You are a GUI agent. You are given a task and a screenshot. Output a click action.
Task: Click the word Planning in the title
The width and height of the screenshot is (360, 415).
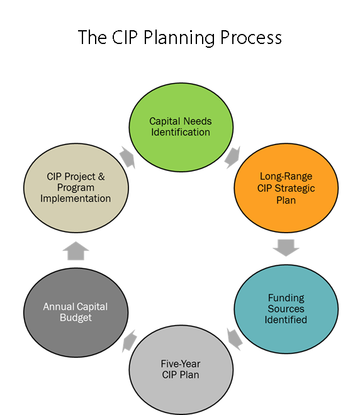click(x=179, y=38)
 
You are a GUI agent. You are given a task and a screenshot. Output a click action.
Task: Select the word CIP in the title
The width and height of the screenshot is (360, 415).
click(x=125, y=37)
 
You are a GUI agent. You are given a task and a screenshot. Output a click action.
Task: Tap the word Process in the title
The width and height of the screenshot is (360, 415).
click(x=251, y=37)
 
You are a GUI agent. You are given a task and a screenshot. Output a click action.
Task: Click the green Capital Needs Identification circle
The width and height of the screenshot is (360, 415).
click(x=181, y=127)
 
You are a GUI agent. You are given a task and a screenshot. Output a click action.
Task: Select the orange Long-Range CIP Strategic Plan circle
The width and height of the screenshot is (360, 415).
click(x=286, y=188)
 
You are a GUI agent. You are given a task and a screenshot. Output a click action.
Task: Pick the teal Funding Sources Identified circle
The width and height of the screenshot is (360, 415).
click(x=286, y=309)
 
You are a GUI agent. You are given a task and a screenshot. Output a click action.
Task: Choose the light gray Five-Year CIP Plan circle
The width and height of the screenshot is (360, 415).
click(x=181, y=370)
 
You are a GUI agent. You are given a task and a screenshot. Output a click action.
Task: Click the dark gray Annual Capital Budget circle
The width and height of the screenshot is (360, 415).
click(x=76, y=313)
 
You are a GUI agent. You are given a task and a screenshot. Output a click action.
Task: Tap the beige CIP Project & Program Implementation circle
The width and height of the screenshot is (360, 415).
click(x=76, y=188)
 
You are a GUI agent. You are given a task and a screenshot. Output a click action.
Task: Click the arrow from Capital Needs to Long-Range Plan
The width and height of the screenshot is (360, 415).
click(x=233, y=157)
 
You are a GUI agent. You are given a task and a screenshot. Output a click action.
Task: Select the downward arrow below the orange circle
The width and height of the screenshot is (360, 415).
click(x=286, y=248)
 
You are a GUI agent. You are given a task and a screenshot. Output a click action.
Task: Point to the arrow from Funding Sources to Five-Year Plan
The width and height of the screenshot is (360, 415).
click(x=235, y=340)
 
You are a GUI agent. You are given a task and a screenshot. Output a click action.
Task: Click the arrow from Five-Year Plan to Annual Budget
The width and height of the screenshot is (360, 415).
click(x=130, y=341)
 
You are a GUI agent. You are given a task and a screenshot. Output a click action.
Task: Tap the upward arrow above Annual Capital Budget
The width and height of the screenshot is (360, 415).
click(x=76, y=251)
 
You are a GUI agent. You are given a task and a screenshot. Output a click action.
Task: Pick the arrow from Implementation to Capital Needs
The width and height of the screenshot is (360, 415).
click(x=127, y=157)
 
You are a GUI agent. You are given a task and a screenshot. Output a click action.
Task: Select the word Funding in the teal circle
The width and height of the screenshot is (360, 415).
click(x=286, y=298)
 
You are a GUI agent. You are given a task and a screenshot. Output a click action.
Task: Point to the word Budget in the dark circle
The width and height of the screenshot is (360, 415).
click(x=76, y=318)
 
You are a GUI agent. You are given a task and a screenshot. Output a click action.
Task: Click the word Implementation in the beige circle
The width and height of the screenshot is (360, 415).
click(x=76, y=199)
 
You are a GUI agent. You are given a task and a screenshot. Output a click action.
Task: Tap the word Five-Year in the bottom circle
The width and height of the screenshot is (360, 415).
click(x=181, y=364)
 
